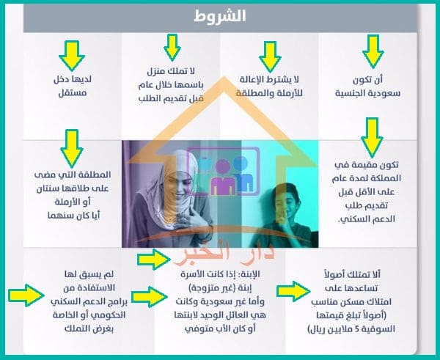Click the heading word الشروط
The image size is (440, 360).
click(220, 16)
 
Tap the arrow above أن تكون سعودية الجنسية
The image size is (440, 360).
click(373, 52)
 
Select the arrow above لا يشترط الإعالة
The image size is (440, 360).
click(270, 56)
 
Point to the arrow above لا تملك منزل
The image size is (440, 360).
click(172, 48)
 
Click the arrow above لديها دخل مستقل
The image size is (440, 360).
click(72, 56)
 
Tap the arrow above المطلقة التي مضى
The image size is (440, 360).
click(72, 148)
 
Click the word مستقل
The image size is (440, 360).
click(73, 93)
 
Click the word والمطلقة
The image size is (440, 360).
click(252, 93)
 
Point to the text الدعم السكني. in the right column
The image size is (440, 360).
click(367, 219)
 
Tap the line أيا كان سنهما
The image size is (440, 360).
click(73, 216)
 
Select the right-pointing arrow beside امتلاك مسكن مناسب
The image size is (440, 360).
click(293, 291)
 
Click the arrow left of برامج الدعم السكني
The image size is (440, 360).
click(26, 295)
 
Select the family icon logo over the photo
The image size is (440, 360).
click(224, 172)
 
